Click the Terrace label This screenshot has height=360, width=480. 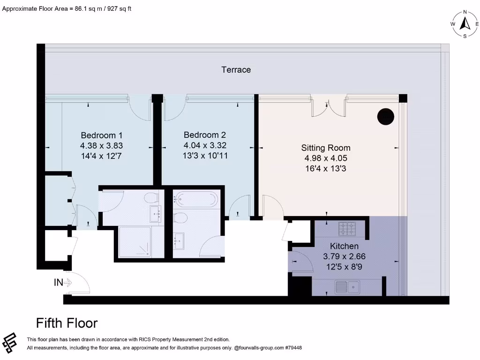tap(236, 70)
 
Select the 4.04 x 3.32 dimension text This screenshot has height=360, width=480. tap(205, 145)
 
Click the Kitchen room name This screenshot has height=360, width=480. tap(344, 246)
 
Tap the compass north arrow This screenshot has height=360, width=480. tap(465, 23)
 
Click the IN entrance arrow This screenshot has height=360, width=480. tap(63, 283)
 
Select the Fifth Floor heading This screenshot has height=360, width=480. tap(67, 323)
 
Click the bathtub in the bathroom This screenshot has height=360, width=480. tap(195, 199)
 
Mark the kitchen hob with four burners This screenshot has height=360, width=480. tap(347, 228)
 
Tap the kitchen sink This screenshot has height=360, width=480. tap(347, 286)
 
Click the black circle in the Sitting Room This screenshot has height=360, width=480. tap(386, 117)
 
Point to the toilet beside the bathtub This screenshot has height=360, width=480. tap(180, 217)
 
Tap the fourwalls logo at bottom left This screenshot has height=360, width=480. tap(10, 344)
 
